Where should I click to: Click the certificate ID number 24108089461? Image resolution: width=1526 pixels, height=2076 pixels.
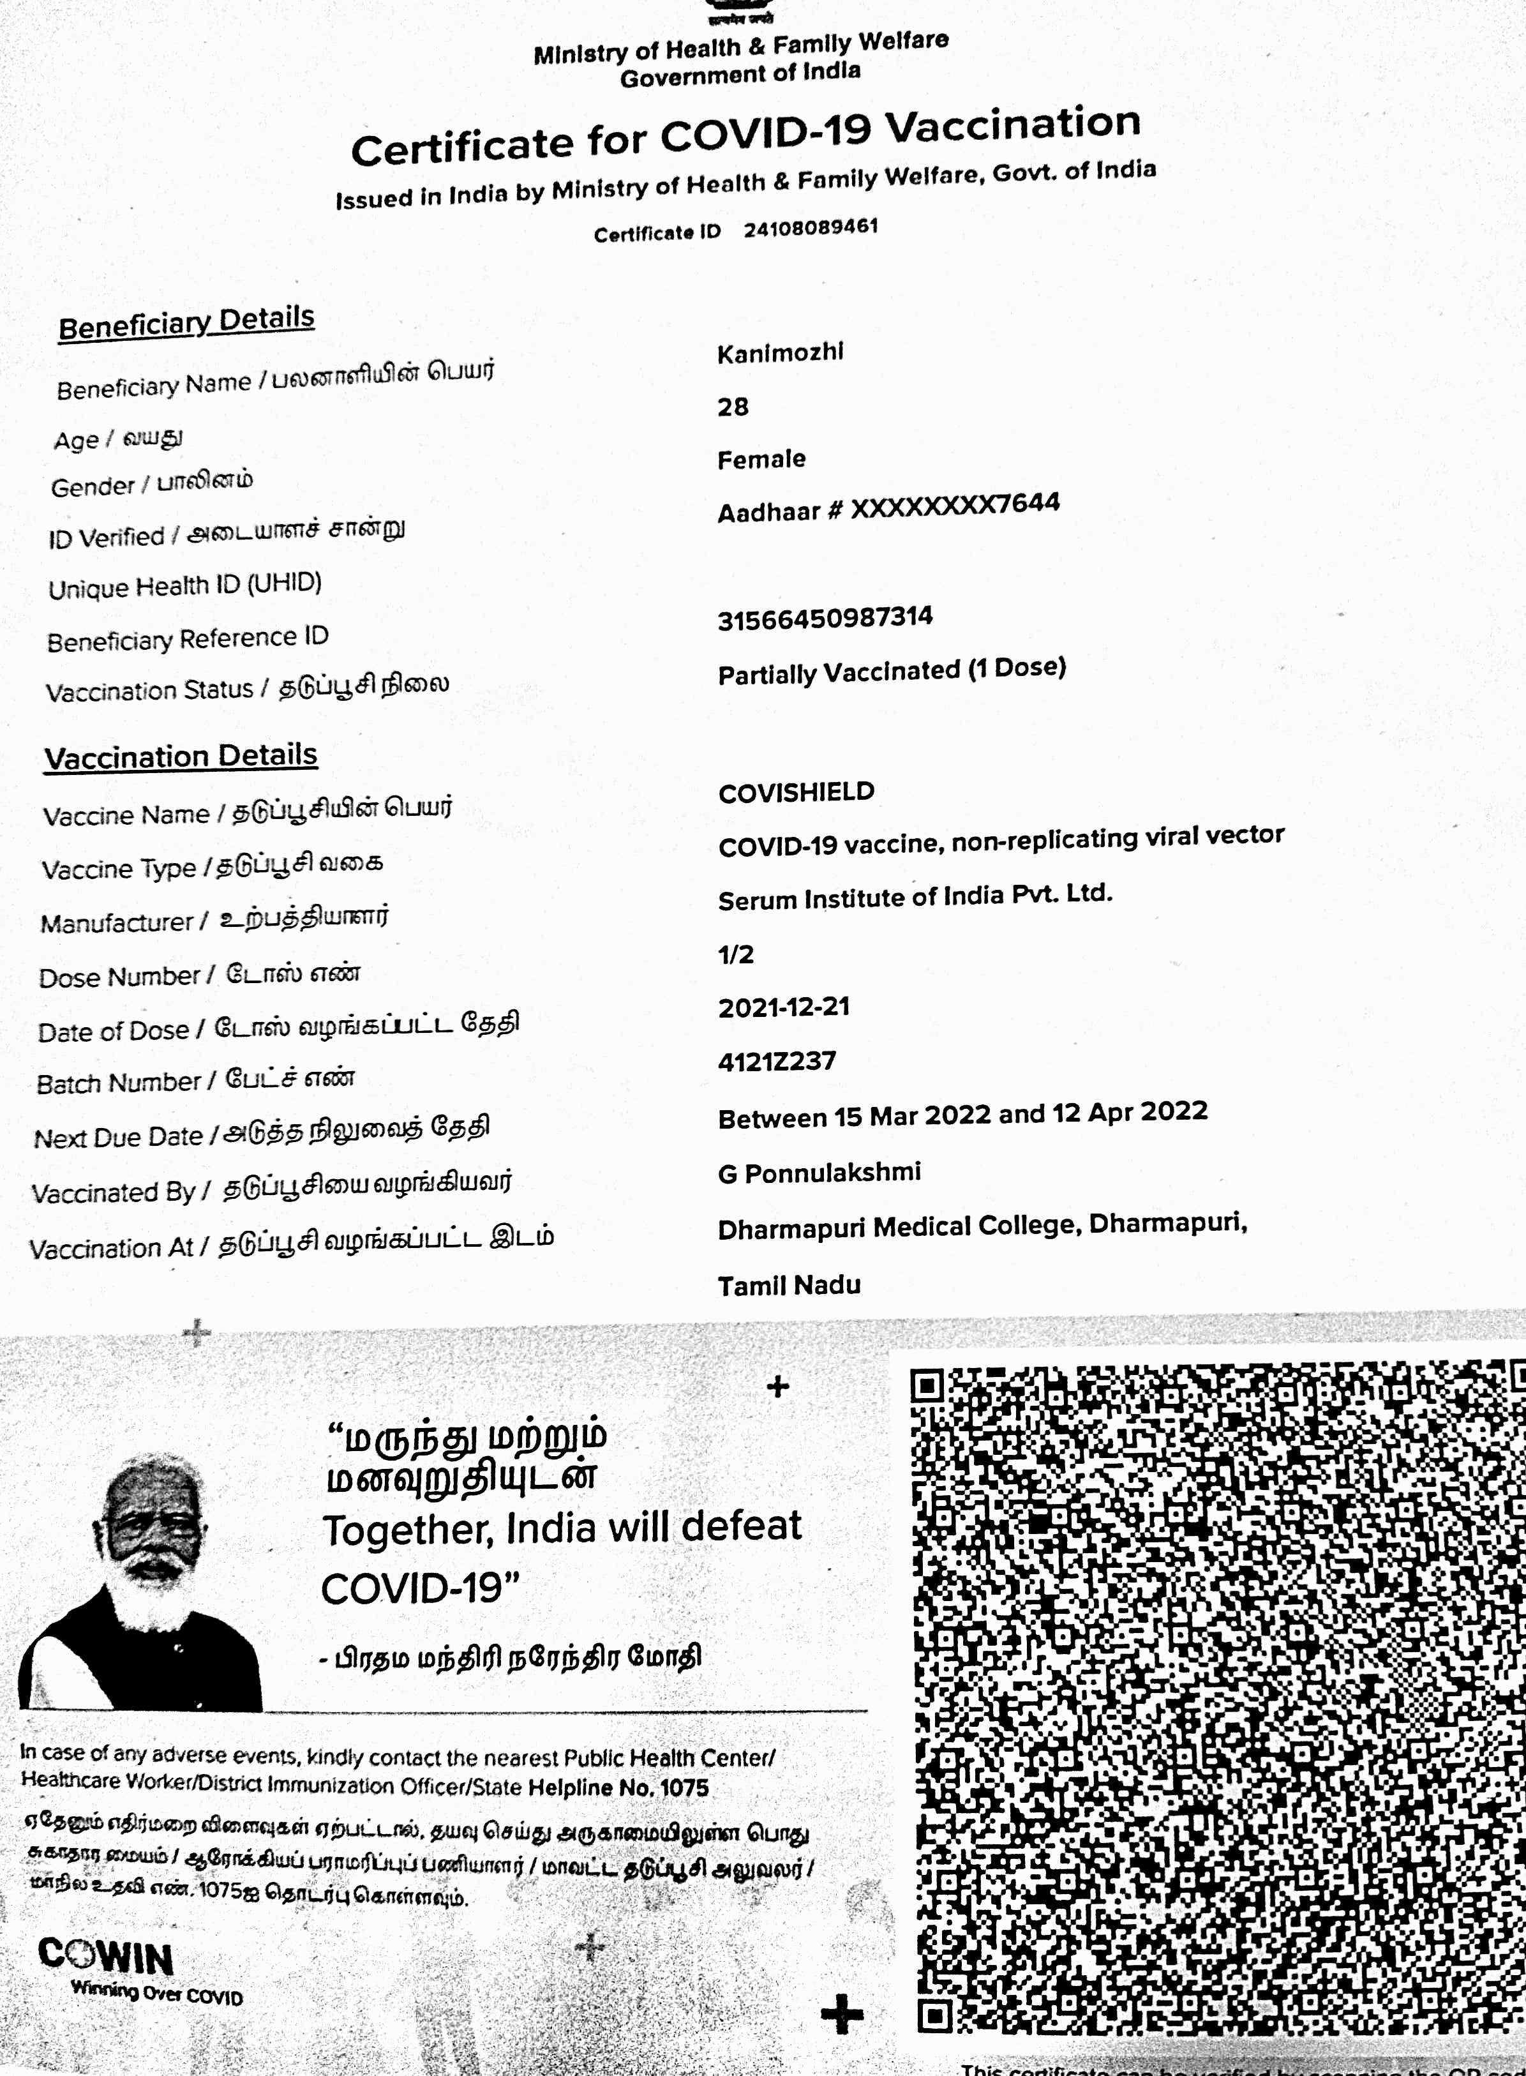point(810,227)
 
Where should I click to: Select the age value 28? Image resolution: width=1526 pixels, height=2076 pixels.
point(733,407)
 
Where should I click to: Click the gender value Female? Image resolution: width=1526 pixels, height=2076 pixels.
point(761,459)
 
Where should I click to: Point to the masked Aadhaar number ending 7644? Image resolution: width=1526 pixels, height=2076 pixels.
point(954,506)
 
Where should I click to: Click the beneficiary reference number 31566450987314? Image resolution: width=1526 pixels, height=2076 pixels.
point(825,617)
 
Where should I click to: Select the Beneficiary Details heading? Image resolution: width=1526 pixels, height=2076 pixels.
point(186,322)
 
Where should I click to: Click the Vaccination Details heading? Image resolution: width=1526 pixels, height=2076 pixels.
point(181,756)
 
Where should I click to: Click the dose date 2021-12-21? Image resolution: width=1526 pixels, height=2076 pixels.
point(783,1007)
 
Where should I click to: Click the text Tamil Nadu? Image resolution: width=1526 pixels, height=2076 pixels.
point(789,1284)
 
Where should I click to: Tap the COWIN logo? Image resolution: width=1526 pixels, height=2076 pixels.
point(105,1957)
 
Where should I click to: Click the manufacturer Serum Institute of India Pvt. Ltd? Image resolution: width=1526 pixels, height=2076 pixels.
point(915,896)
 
